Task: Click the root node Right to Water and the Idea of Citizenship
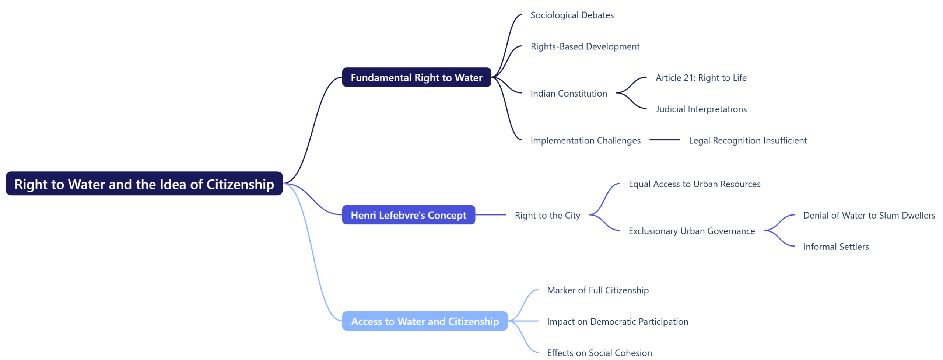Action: (x=144, y=184)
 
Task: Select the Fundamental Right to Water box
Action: (x=416, y=77)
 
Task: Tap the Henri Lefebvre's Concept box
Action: (x=408, y=215)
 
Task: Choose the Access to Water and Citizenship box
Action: (x=424, y=321)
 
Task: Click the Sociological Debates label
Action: (x=572, y=15)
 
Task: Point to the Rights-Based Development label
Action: (x=585, y=46)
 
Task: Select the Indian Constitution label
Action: (x=568, y=93)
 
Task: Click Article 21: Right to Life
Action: (x=701, y=78)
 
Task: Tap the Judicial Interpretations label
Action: (x=701, y=109)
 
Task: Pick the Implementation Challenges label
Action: (x=585, y=140)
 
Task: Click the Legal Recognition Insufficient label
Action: (x=747, y=140)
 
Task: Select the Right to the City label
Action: (x=547, y=215)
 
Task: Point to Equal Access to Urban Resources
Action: (x=694, y=184)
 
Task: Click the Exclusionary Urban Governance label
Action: (x=691, y=231)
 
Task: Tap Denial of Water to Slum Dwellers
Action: (x=869, y=215)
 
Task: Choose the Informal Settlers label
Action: (x=835, y=247)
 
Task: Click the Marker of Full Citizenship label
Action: (x=597, y=290)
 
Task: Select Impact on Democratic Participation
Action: (x=617, y=321)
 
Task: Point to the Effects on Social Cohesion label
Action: (x=599, y=353)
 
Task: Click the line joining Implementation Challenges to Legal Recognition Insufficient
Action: (x=664, y=140)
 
